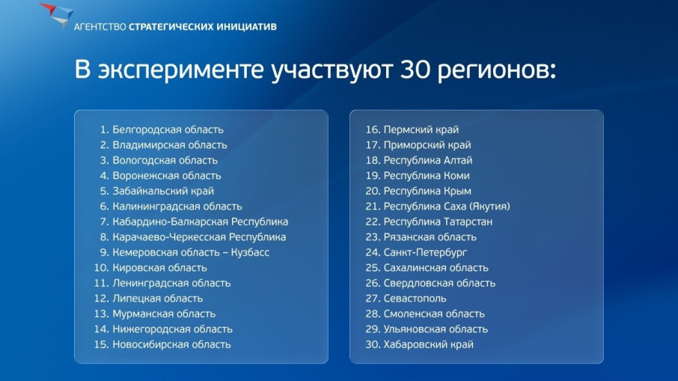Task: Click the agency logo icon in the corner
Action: click(57, 15)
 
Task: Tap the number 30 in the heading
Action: click(415, 69)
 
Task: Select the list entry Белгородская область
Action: click(168, 129)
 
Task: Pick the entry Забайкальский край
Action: click(163, 191)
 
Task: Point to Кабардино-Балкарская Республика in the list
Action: click(201, 222)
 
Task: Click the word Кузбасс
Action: click(250, 252)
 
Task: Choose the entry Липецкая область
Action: click(157, 299)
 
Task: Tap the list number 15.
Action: click(102, 344)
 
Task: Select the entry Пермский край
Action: click(421, 129)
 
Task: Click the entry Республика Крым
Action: click(427, 191)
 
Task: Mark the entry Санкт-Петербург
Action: click(425, 252)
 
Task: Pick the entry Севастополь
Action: click(415, 299)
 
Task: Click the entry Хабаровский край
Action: click(428, 344)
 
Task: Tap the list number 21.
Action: click(373, 207)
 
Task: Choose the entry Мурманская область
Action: click(164, 314)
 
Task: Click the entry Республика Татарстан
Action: click(438, 222)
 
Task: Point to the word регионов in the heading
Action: click(496, 71)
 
